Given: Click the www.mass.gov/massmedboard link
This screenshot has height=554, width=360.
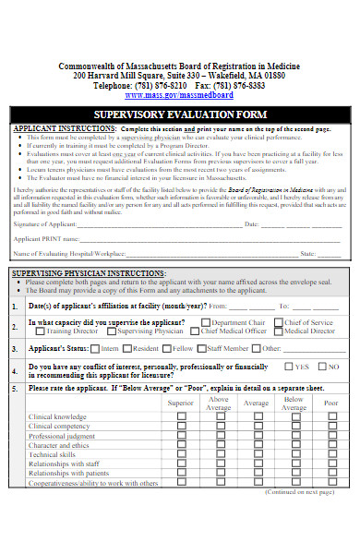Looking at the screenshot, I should pyautogui.click(x=179, y=94).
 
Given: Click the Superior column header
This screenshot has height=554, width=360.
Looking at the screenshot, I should pyautogui.click(x=181, y=403).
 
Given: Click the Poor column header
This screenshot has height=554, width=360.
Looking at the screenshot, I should pyautogui.click(x=330, y=403).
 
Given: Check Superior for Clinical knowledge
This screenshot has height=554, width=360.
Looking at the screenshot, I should pyautogui.click(x=181, y=416).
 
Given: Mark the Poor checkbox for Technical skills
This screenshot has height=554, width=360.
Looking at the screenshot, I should pyautogui.click(x=330, y=454).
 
